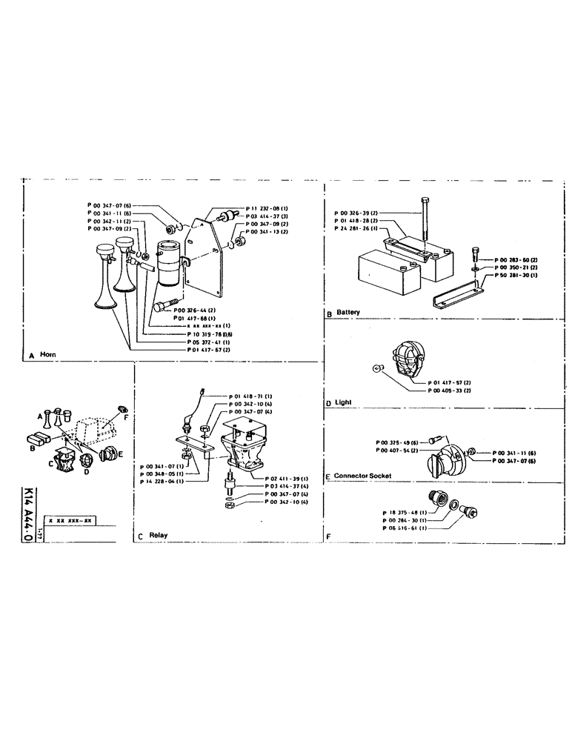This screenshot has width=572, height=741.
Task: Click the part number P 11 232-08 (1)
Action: pyautogui.click(x=267, y=209)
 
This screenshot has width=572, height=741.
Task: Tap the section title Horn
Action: pyautogui.click(x=47, y=356)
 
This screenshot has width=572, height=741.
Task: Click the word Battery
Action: pyautogui.click(x=347, y=313)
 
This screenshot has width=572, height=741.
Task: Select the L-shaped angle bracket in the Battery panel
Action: pyautogui.click(x=456, y=294)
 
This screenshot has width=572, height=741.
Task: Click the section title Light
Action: pyautogui.click(x=343, y=402)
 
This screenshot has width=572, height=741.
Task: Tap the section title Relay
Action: pyautogui.click(x=157, y=534)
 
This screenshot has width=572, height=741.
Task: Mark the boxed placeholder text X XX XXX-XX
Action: pyautogui.click(x=69, y=521)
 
